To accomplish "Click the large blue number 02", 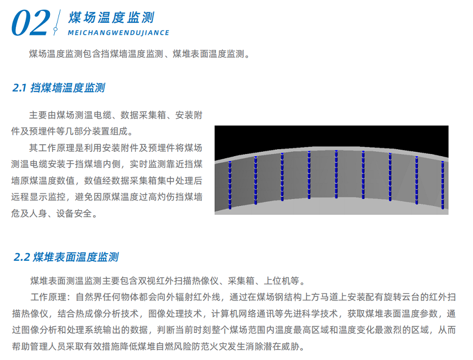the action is [30, 23].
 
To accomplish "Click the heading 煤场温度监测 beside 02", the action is [111, 17].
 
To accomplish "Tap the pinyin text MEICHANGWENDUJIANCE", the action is [119, 33].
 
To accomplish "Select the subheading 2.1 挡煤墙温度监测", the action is [59, 88].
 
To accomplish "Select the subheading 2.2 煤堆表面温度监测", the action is [66, 257].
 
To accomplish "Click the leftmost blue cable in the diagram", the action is [230, 185].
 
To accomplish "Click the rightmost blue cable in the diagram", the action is [443, 185].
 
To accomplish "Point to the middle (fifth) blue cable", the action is [336, 174].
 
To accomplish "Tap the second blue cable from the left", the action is [256, 181].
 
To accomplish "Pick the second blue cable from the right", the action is [417, 181].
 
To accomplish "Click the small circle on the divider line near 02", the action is [55, 29].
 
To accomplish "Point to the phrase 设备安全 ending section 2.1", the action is [74, 214].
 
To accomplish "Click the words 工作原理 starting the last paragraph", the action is [48, 297].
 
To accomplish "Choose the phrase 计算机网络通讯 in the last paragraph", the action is [243, 313].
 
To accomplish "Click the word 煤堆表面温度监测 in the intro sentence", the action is [208, 54].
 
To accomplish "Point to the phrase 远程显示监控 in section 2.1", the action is [39, 197].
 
